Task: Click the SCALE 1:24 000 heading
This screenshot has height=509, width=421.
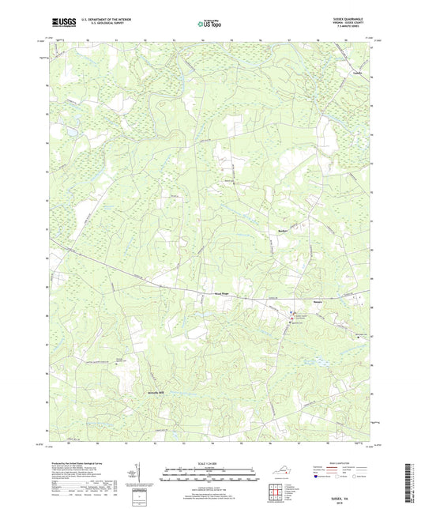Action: click(210, 464)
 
